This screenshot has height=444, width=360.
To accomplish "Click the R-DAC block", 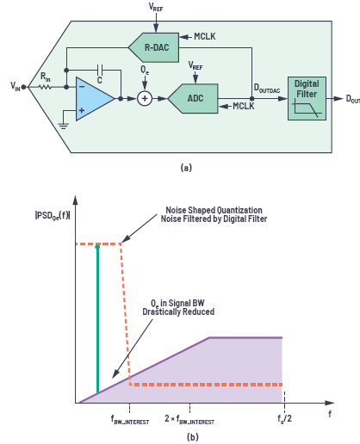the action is [154, 47].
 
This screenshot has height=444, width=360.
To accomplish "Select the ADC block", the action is [193, 98].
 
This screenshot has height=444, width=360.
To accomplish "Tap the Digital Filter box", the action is [307, 98].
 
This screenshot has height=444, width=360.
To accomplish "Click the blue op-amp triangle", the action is [95, 99].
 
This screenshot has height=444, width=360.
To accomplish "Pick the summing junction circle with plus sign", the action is [145, 99].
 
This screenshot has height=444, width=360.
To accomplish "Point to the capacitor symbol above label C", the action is [100, 69].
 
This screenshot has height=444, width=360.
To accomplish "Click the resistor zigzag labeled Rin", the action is [45, 87].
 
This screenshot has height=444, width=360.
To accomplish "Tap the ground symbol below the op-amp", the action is [63, 126].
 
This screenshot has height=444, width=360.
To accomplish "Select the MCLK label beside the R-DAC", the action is [205, 36].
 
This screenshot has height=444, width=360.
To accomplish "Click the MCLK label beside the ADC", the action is [244, 106].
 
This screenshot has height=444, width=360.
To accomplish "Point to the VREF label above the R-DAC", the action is [156, 7].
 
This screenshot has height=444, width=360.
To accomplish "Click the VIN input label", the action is [16, 86].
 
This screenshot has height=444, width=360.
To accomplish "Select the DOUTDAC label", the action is [267, 89].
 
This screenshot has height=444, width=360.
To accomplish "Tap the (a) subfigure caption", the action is [186, 167].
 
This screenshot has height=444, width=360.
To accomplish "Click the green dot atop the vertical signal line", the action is [97, 247].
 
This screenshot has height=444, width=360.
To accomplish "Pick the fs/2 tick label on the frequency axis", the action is [284, 418].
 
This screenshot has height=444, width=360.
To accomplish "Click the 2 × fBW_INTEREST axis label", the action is [189, 419].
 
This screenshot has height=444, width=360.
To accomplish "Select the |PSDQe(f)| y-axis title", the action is [53, 215].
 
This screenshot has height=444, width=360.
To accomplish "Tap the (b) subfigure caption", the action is [193, 437].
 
